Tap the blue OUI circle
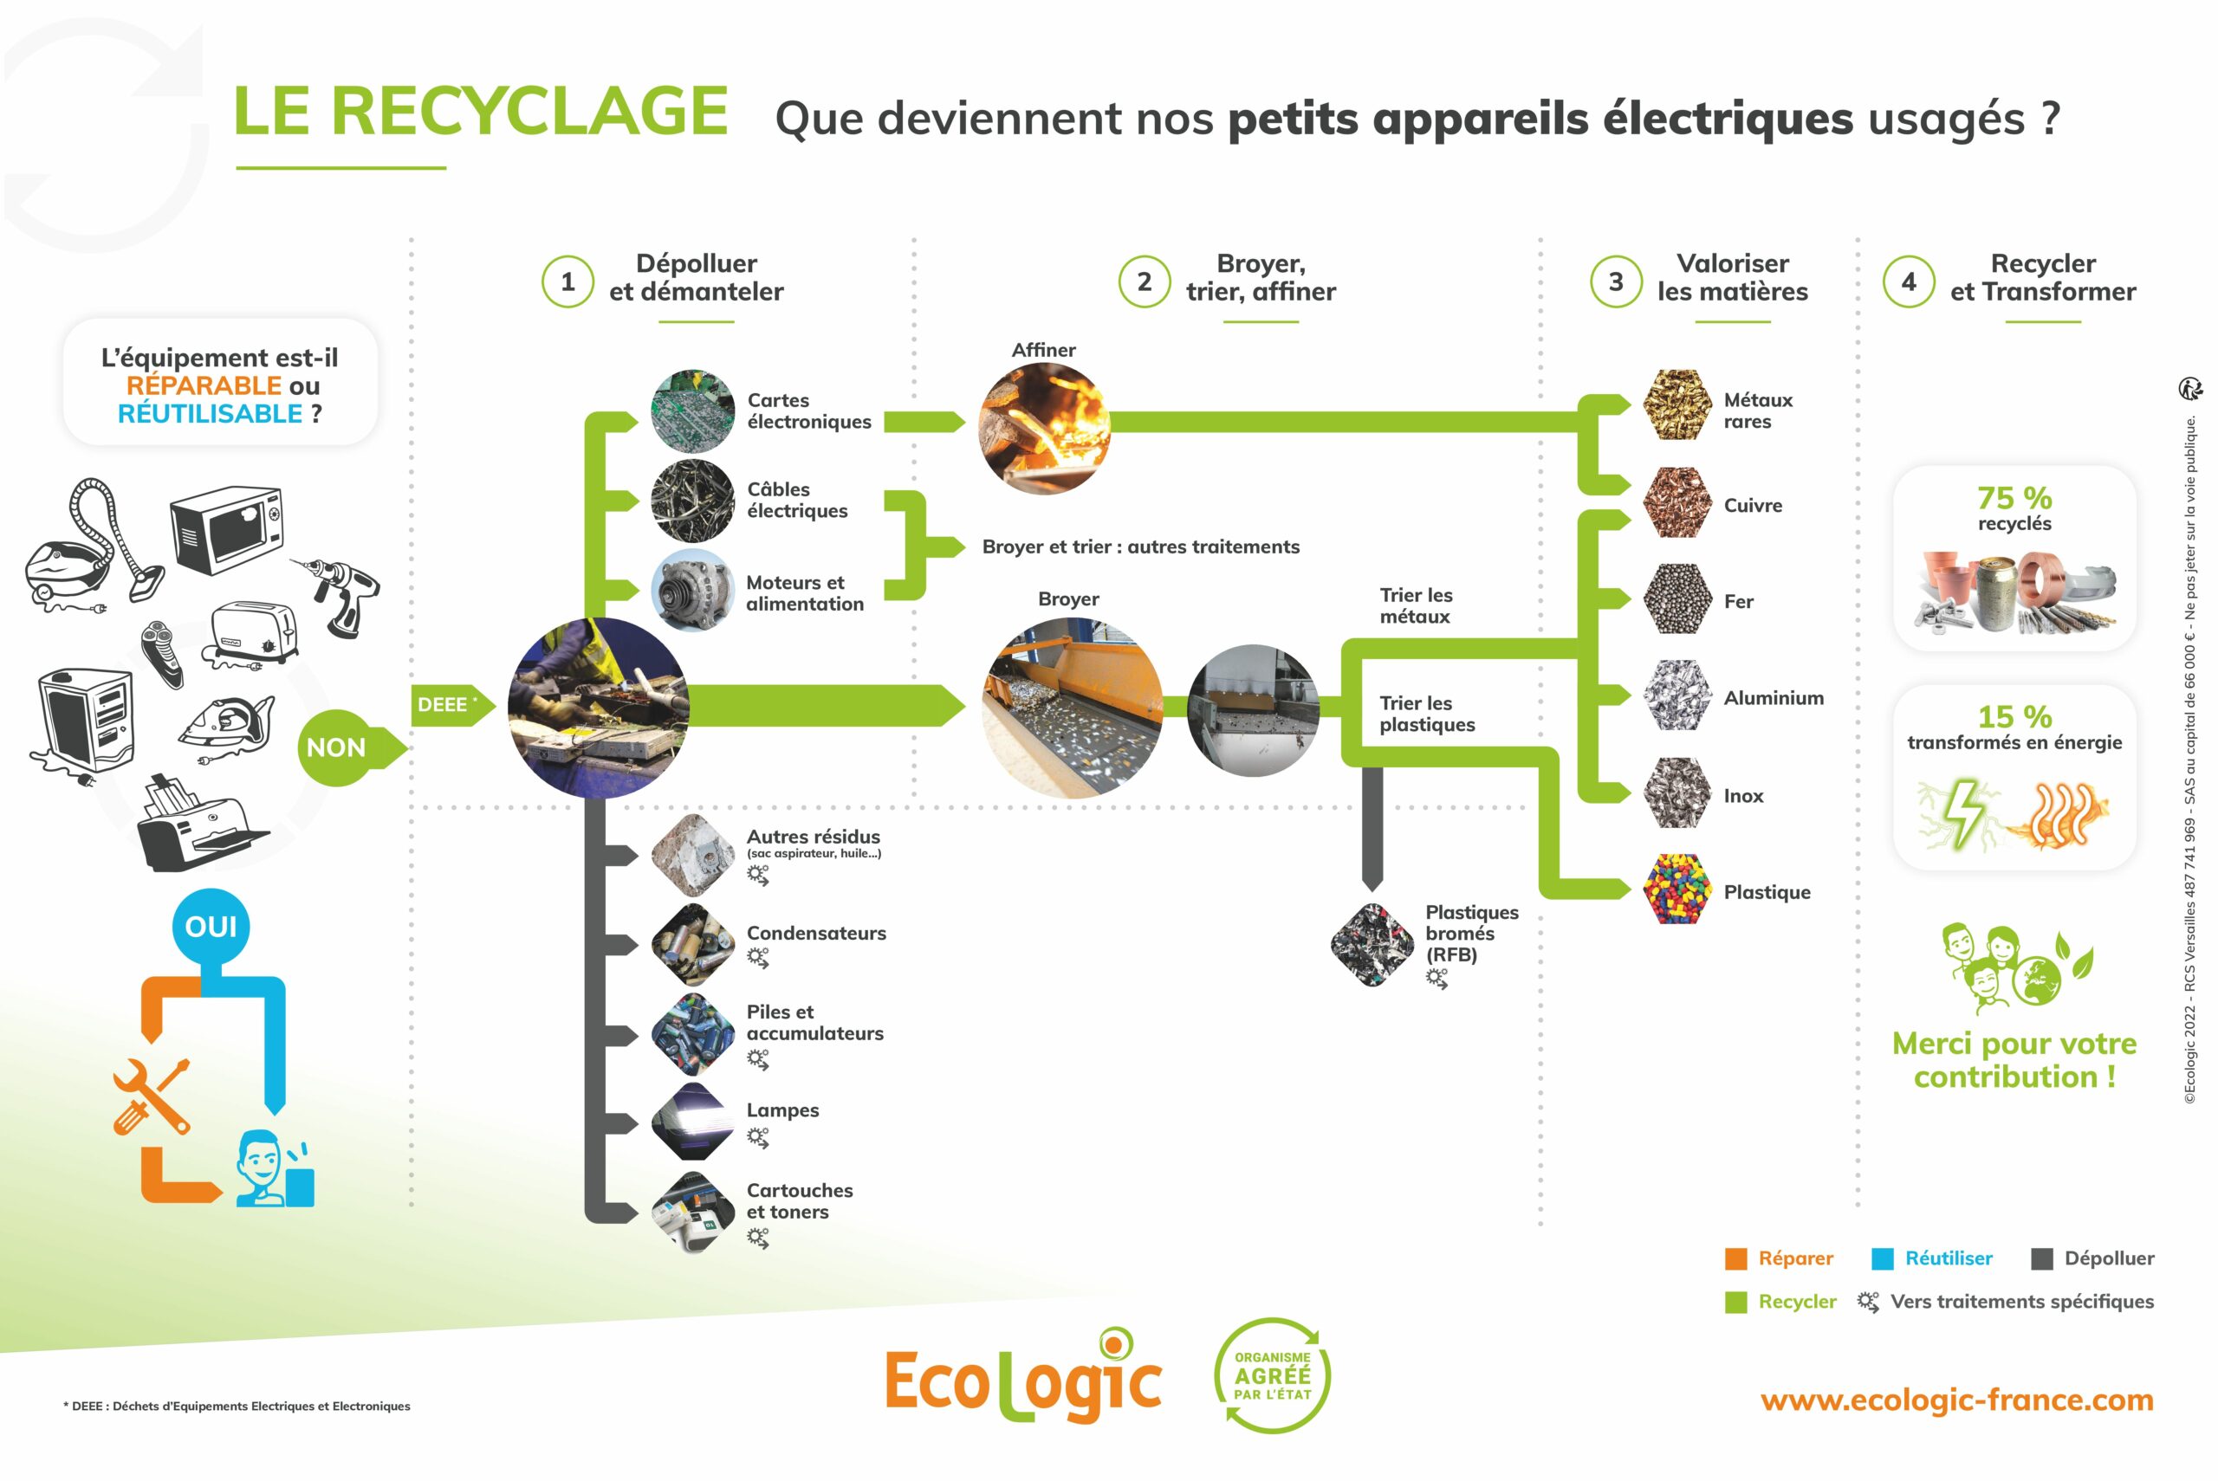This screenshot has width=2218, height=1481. [x=211, y=927]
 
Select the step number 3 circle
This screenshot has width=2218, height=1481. [x=1615, y=281]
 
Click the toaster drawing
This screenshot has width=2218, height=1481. [x=253, y=633]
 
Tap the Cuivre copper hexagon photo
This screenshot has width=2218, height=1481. [x=1676, y=503]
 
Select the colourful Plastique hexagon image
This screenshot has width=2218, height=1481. [x=1676, y=889]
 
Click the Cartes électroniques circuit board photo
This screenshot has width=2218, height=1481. [x=692, y=411]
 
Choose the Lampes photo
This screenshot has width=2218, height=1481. [x=692, y=1121]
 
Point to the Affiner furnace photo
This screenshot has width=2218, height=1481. [x=1045, y=428]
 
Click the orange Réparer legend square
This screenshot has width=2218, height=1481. [x=1735, y=1259]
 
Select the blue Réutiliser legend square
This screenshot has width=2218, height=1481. [x=1882, y=1259]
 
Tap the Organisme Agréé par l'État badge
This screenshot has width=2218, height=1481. [x=1273, y=1375]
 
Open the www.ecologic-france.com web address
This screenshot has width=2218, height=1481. [x=1956, y=1400]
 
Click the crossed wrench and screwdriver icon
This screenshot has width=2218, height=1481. [x=151, y=1096]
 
